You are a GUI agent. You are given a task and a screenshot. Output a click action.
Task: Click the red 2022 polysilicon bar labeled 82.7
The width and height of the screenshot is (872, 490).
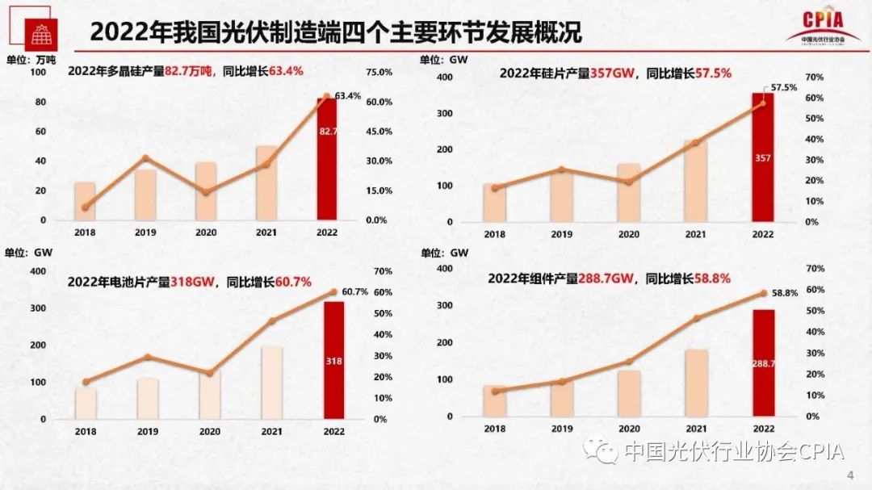tap(327, 158)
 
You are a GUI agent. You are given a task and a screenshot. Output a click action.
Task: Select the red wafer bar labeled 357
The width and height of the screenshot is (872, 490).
tap(762, 157)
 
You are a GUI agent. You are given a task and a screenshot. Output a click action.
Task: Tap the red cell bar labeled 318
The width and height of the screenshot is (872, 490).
tap(333, 360)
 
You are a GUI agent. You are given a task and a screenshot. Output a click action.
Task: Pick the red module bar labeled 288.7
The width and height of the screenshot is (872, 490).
tap(763, 362)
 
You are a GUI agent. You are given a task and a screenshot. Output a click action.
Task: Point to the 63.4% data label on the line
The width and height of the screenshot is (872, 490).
tap(347, 96)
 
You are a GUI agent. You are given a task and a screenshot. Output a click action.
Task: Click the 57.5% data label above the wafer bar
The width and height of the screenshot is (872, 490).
tap(784, 86)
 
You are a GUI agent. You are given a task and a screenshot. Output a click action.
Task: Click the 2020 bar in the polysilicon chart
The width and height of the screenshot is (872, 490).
tap(206, 191)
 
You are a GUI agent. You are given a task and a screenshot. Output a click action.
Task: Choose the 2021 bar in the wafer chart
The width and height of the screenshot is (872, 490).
tap(695, 180)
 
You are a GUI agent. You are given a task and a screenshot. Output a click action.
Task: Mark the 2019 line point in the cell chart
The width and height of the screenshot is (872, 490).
tap(147, 357)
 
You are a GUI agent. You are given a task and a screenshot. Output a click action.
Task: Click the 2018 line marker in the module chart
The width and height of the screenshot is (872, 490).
tap(494, 391)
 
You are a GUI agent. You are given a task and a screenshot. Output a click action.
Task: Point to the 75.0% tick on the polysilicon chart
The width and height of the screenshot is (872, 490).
tap(379, 72)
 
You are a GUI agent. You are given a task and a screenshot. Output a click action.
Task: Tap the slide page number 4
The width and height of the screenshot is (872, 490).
tap(849, 473)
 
